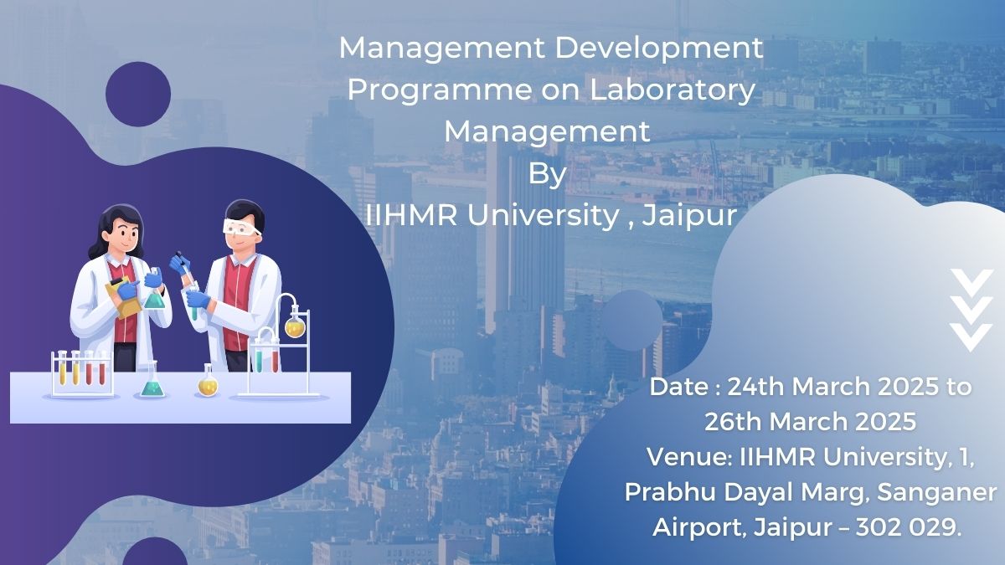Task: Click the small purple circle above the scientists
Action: tap(137, 94)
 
